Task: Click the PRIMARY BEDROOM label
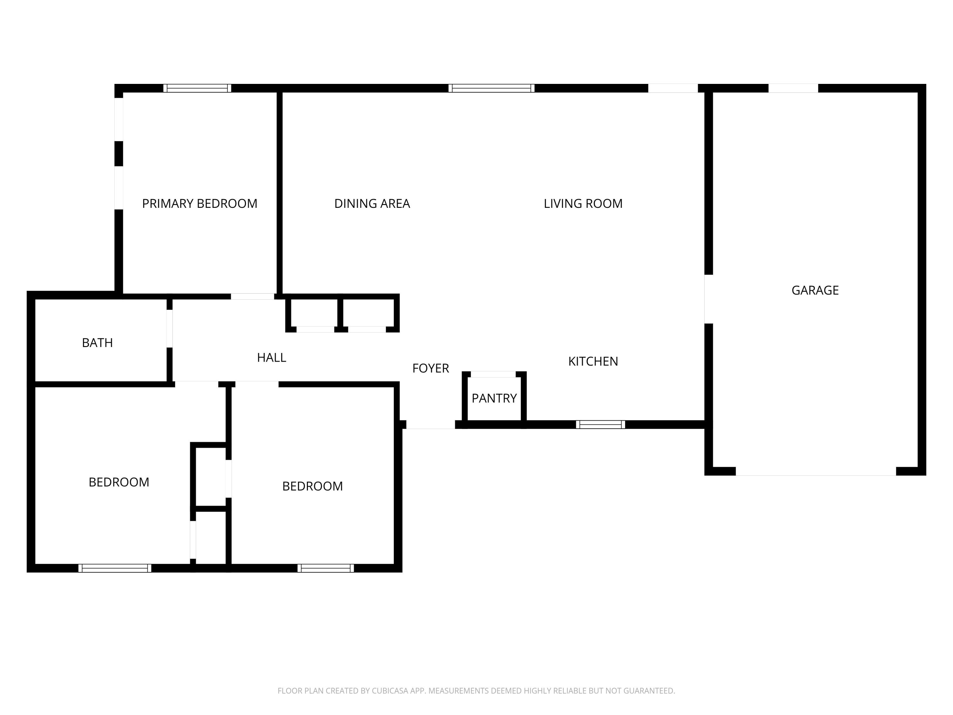(199, 203)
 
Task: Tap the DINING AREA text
(372, 203)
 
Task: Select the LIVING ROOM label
(583, 203)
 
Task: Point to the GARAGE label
(815, 290)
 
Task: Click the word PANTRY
(494, 398)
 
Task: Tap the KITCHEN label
(593, 361)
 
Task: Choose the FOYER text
(430, 368)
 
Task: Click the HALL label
(271, 357)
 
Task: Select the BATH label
(98, 343)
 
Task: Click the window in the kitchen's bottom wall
(600, 425)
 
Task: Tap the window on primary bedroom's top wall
(197, 88)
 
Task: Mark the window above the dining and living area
(491, 88)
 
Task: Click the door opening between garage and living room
(708, 299)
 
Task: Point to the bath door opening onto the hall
(169, 328)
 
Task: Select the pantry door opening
(493, 374)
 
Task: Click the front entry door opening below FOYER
(430, 425)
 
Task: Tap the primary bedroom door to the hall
(253, 296)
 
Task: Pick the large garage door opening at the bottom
(815, 471)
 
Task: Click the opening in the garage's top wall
(793, 88)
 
